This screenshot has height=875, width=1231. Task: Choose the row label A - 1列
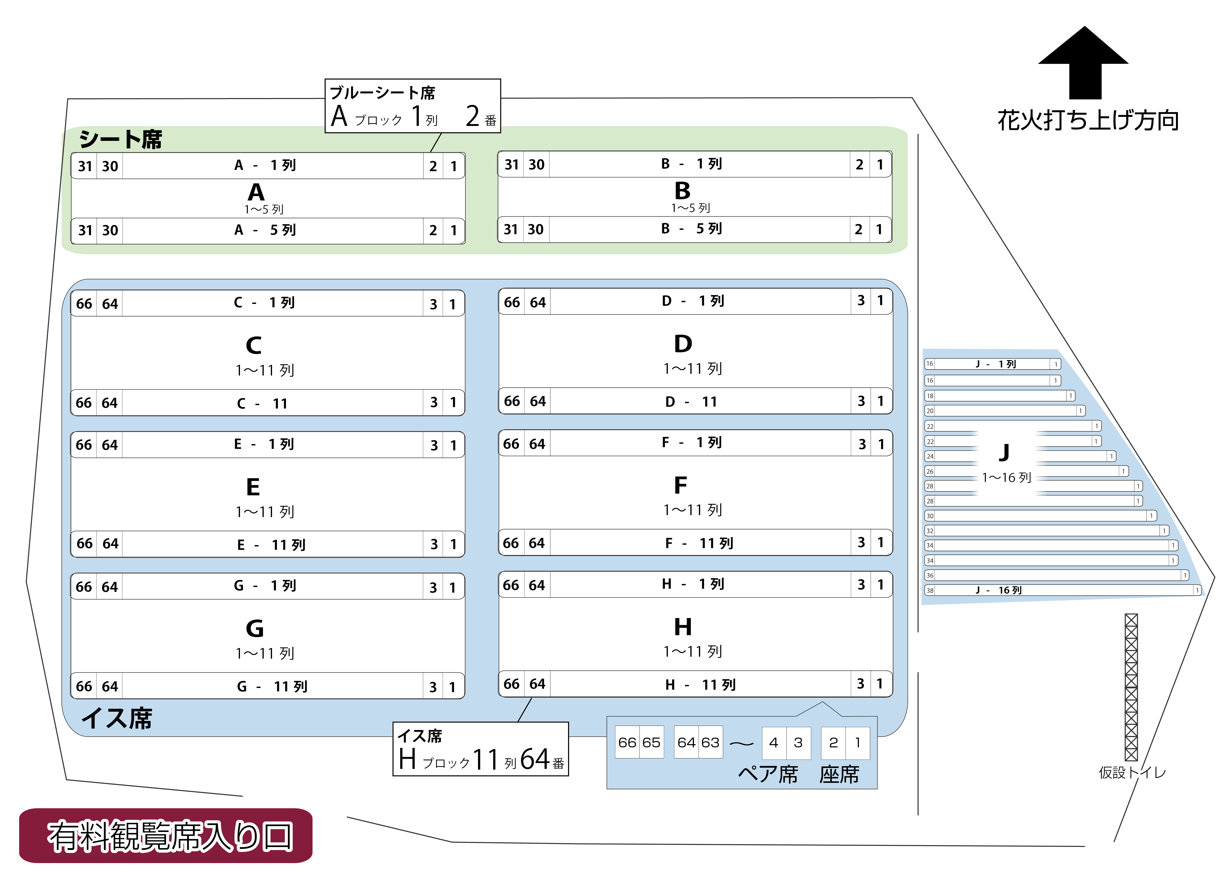pos(265,166)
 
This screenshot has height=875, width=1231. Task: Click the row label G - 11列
pos(272,687)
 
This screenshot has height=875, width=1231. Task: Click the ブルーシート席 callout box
pos(413,106)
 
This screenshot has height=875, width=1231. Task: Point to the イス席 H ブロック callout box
pos(481,749)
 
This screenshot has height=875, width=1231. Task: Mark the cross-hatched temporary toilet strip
pos(1131,687)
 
